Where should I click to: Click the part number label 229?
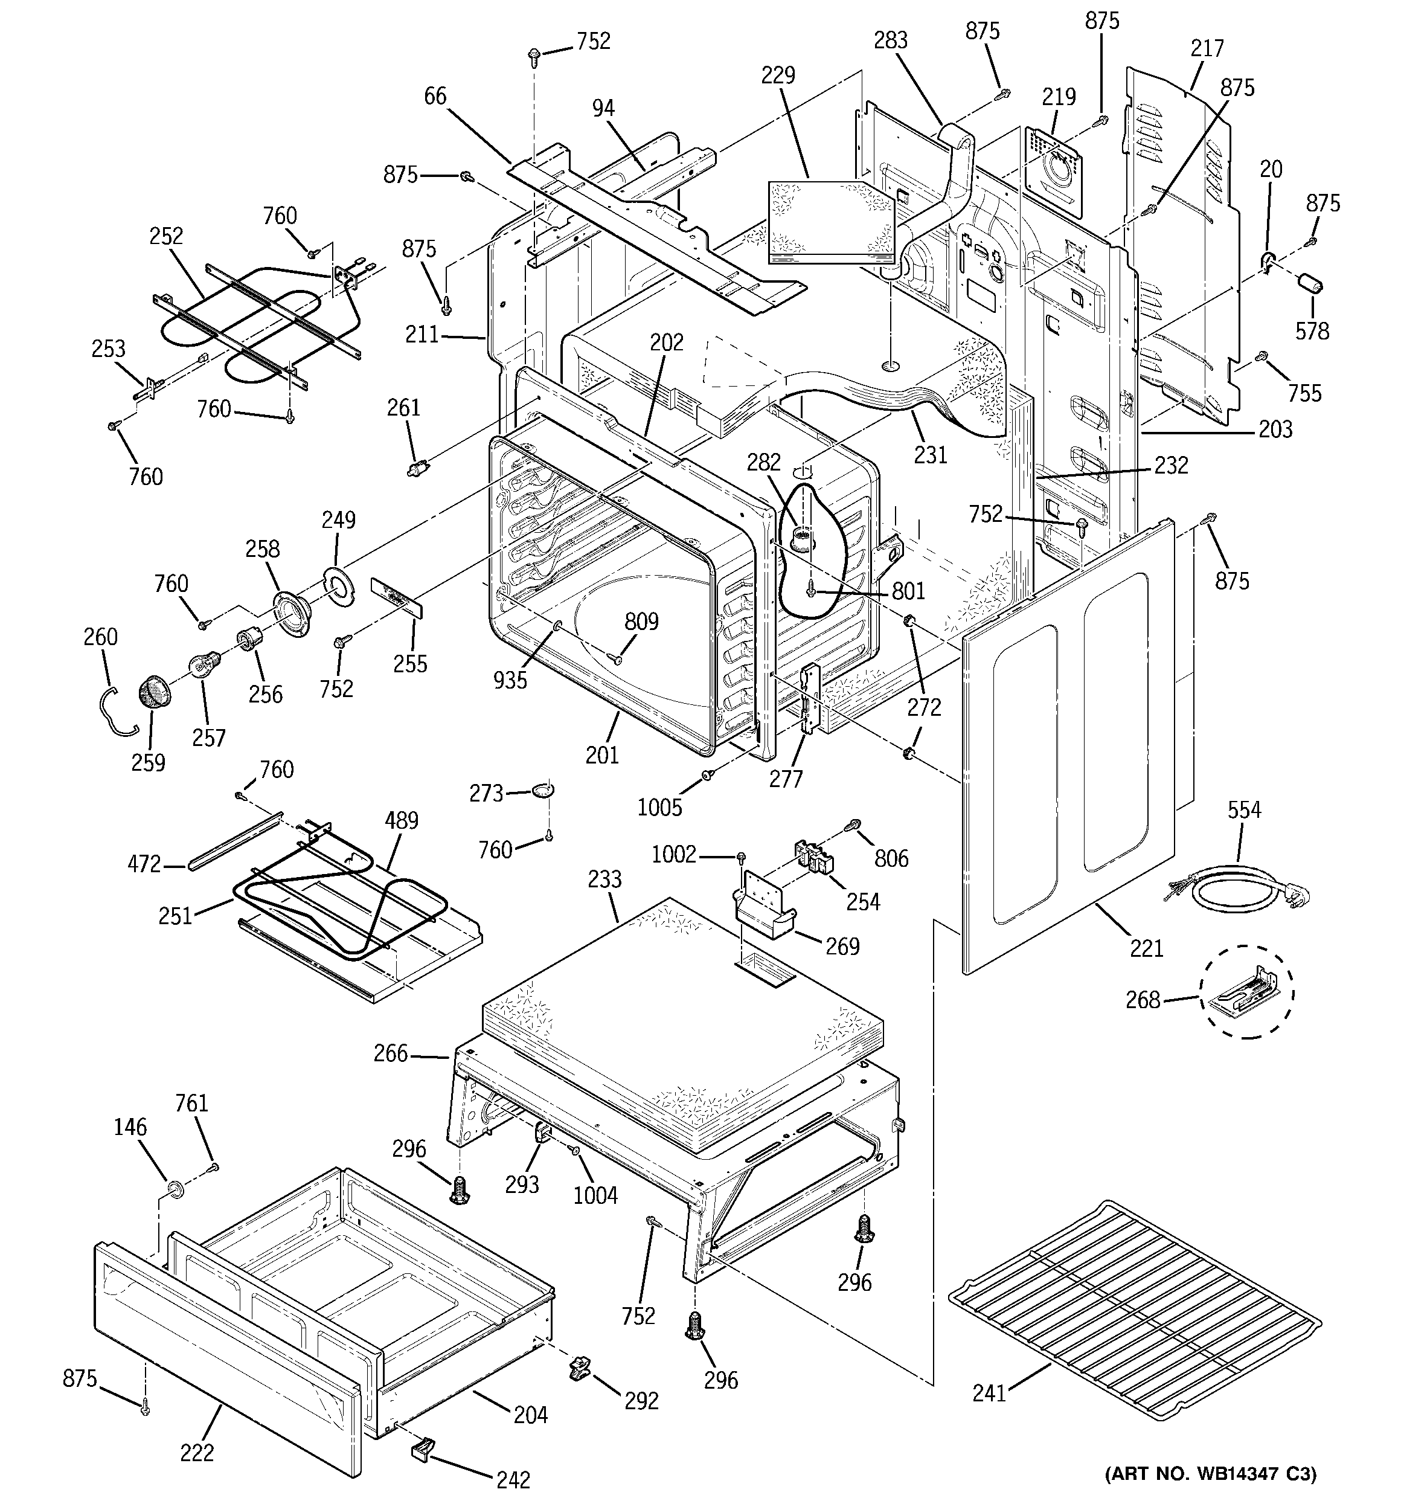coord(778,75)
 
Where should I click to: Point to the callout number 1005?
coord(659,808)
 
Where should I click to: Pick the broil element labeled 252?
coord(248,323)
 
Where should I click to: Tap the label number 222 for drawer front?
coord(197,1452)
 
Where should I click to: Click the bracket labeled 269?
coord(763,905)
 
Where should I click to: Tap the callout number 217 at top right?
coord(1207,48)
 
